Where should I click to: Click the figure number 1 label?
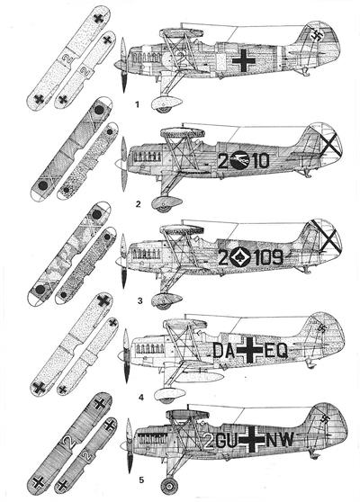tap(138, 104)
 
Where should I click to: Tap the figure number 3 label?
tap(139, 301)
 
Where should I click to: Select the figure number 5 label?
tap(141, 480)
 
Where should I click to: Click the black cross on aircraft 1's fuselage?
tap(244, 60)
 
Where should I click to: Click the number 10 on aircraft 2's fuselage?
tap(261, 161)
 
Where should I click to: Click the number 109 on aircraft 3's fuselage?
tap(268, 257)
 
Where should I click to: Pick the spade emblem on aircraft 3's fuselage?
tap(240, 256)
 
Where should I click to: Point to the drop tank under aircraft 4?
tap(199, 376)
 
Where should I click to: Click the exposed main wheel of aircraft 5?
tap(169, 486)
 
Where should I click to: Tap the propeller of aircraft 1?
tap(123, 65)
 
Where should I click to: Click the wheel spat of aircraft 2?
tap(166, 203)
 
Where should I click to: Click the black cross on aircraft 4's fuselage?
tap(249, 350)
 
